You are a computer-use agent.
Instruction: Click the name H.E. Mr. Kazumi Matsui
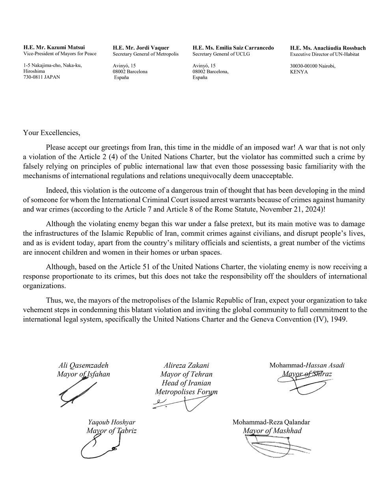pyautogui.click(x=54, y=48)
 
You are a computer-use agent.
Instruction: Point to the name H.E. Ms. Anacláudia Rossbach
pyautogui.click(x=328, y=48)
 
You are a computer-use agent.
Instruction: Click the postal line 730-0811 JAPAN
pyautogui.click(x=41, y=77)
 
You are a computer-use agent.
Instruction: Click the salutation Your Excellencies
pyautogui.click(x=51, y=133)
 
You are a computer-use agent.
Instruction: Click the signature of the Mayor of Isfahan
pyautogui.click(x=75, y=394)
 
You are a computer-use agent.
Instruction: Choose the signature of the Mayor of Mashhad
pyautogui.click(x=272, y=447)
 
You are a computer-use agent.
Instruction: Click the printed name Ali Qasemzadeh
pyautogui.click(x=83, y=365)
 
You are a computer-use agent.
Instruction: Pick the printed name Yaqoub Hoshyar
pyautogui.click(x=111, y=422)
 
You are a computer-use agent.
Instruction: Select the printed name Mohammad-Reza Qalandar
pyautogui.click(x=271, y=422)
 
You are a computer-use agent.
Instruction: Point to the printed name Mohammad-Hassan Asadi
pyautogui.click(x=307, y=365)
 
